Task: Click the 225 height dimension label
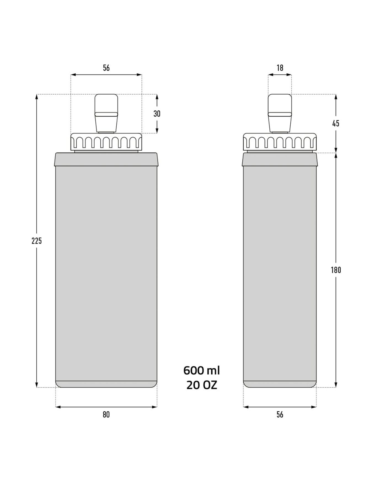(36, 241)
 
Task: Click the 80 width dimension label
(106, 414)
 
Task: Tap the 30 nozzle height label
(157, 113)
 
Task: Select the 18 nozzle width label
(280, 68)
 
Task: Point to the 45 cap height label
(336, 123)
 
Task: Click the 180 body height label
(336, 270)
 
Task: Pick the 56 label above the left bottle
(106, 68)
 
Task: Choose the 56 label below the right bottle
(280, 414)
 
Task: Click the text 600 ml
(202, 370)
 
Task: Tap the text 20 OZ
(202, 385)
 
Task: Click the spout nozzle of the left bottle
(106, 113)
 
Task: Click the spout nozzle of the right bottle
(280, 113)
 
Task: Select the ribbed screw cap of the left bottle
(106, 142)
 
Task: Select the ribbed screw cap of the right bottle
(280, 142)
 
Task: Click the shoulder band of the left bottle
(106, 159)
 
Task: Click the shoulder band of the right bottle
(280, 159)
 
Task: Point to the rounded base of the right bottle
(280, 384)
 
